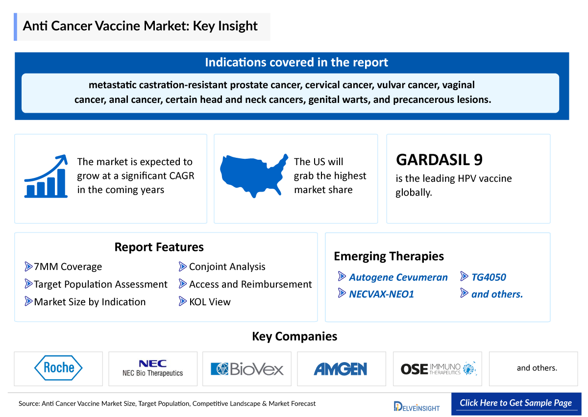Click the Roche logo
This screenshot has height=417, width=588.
click(x=58, y=368)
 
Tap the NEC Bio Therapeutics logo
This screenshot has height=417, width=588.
click(x=152, y=368)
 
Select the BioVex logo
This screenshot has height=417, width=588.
click(x=247, y=368)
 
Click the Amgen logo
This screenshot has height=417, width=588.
click(x=341, y=368)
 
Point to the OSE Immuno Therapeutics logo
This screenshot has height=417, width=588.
click(x=438, y=368)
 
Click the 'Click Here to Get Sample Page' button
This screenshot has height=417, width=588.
click(x=515, y=403)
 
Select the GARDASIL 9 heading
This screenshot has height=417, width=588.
click(x=439, y=160)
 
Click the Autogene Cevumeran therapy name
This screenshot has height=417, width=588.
click(x=398, y=277)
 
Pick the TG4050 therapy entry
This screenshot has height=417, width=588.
click(x=488, y=277)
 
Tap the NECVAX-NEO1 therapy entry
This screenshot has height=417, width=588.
click(x=381, y=294)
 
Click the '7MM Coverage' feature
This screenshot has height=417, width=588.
click(x=68, y=267)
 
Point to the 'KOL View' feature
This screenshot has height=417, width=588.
click(x=209, y=302)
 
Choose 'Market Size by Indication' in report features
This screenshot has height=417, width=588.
click(x=89, y=302)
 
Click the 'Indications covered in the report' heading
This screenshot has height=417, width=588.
click(x=296, y=63)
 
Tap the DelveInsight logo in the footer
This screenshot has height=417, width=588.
click(x=416, y=406)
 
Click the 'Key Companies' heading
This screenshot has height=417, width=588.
click(x=294, y=337)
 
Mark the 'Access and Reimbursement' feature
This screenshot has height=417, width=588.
click(x=250, y=284)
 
